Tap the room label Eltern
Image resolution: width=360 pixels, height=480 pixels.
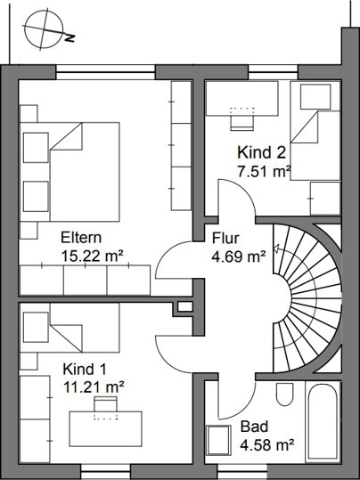coord(81,238)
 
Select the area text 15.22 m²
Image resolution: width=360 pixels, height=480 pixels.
coord(93,256)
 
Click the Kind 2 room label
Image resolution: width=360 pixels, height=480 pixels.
coord(261,152)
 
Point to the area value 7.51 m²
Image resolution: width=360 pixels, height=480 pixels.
coord(264,171)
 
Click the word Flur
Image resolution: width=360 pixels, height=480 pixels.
coord(225,238)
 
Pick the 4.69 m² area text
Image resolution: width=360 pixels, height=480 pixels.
coord(238,256)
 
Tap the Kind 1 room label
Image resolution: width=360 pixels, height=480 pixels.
coord(85,370)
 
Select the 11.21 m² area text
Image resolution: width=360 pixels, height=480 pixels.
coord(94,387)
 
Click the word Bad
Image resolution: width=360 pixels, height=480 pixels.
coord(254,427)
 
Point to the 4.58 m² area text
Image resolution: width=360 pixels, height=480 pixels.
coord(266,444)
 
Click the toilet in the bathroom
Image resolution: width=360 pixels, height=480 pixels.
coord(284,393)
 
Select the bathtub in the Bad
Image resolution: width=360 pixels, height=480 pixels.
coord(323,422)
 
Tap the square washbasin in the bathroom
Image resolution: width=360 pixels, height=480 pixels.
coord(218,441)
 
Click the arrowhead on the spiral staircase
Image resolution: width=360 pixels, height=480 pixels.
coord(276,248)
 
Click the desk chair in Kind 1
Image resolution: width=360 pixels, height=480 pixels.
coord(105,404)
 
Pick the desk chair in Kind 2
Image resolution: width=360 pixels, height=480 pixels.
coord(242,123)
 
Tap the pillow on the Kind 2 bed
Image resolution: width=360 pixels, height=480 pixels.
coord(315,97)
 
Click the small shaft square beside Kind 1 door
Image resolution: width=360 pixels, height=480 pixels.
coord(185,306)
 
